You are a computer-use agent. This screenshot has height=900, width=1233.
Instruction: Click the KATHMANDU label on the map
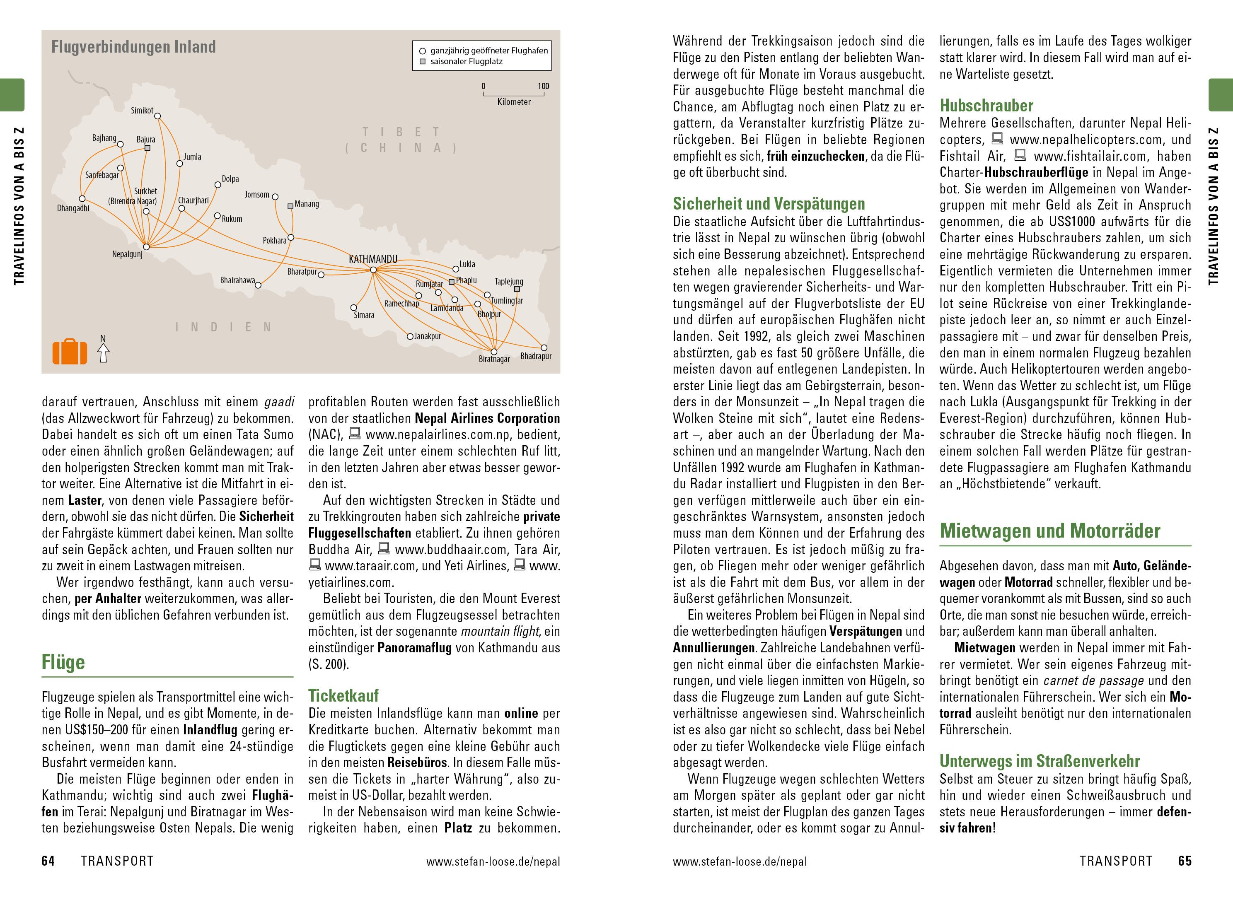click(x=373, y=259)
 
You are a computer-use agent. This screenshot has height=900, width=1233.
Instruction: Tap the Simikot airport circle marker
click(x=157, y=116)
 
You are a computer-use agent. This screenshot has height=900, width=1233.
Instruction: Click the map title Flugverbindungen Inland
click(x=133, y=47)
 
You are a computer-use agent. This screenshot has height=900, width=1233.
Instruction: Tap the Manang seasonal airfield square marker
click(x=290, y=207)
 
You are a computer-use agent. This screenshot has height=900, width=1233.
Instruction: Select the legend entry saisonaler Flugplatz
click(x=466, y=62)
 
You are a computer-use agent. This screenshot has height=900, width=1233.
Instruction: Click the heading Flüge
click(x=63, y=662)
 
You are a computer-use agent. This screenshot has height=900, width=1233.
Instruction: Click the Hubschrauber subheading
click(x=986, y=105)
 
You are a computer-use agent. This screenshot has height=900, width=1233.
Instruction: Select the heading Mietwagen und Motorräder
click(x=1050, y=531)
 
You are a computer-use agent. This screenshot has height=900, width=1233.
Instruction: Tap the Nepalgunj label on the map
click(x=127, y=254)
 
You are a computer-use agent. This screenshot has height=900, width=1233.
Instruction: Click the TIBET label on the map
click(x=401, y=132)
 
